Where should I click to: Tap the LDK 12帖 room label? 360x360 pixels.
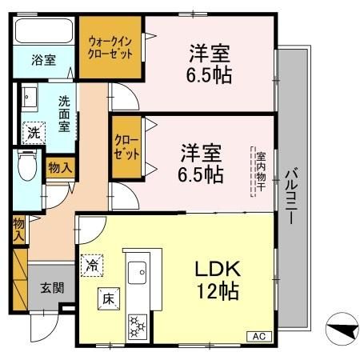click(x=214, y=279)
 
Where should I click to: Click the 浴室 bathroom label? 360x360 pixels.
click(x=42, y=61)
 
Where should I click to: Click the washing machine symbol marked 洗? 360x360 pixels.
click(x=34, y=131)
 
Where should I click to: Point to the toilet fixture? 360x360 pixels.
click(x=26, y=168)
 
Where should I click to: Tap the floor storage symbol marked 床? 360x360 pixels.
click(x=108, y=298)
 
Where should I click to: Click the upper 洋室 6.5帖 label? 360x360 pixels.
click(x=210, y=63)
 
